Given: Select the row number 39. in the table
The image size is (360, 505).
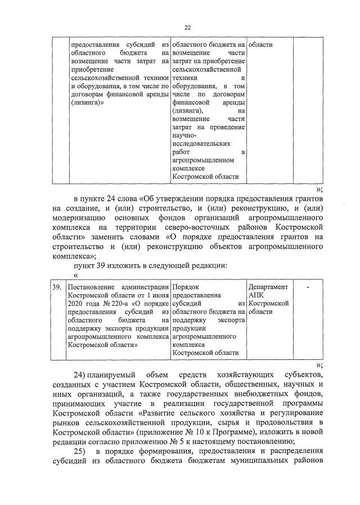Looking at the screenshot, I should [56, 287].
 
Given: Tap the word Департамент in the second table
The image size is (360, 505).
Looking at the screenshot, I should [268, 287].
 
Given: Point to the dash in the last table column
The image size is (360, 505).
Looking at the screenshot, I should [308, 287].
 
